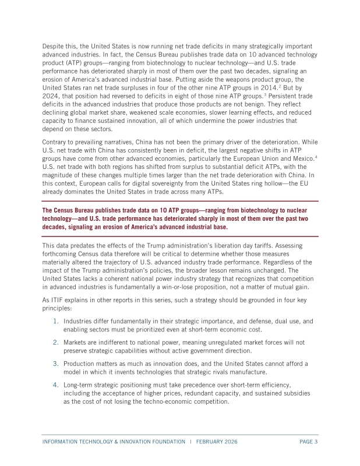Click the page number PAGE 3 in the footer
[308, 442]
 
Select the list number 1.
[56, 321]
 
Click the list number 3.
[56, 363]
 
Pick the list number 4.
[56, 385]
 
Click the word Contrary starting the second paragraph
[57, 142]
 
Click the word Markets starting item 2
[77, 343]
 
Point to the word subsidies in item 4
[296, 393]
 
